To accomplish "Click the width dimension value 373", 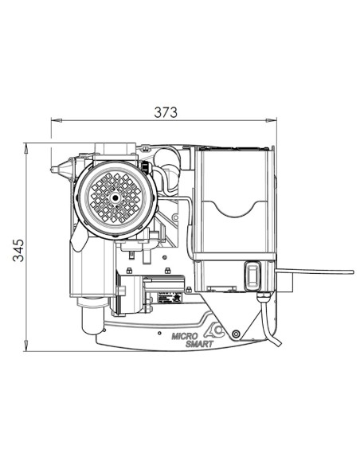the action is pyautogui.click(x=166, y=112).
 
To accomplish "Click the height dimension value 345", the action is pyautogui.click(x=18, y=250).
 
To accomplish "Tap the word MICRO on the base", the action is pyautogui.click(x=185, y=337).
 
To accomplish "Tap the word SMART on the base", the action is pyautogui.click(x=199, y=344).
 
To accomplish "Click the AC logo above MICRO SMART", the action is pyautogui.click(x=213, y=331).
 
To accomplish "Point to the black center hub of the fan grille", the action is pyautogui.click(x=115, y=197).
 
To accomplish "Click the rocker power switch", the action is pyautogui.click(x=252, y=275).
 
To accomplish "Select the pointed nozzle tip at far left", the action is pyautogui.click(x=53, y=170).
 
